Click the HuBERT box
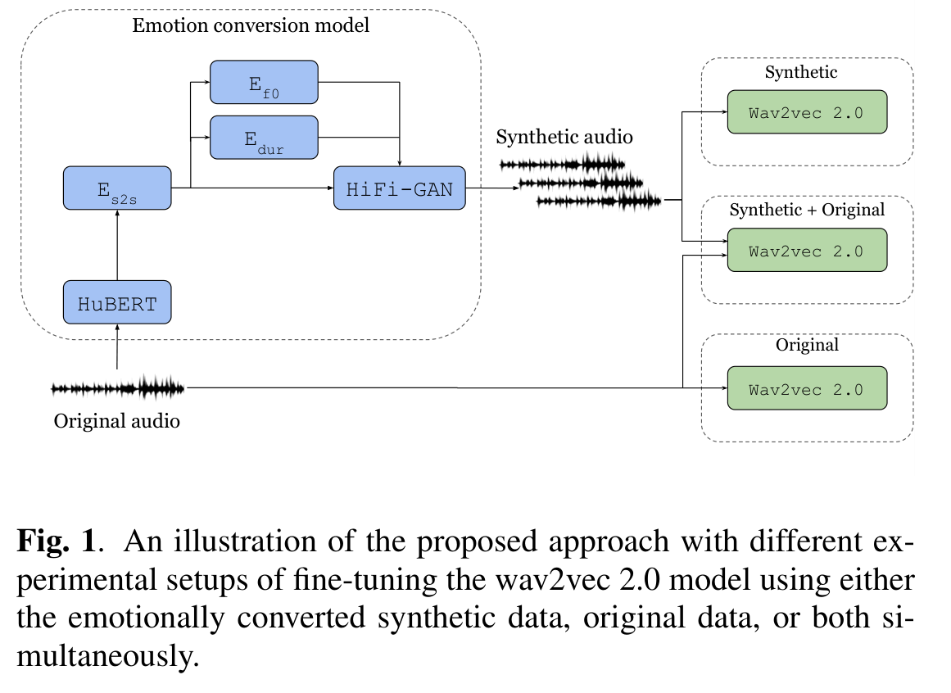pos(117,303)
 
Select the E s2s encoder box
pos(117,188)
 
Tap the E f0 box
pos(264,82)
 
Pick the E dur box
pos(264,137)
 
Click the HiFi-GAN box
pos(399,188)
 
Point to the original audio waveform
pos(118,387)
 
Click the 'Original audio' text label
pos(116,421)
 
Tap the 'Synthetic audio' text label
pos(564,137)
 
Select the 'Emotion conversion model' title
pos(251,25)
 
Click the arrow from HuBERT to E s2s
pos(117,245)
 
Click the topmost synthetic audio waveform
pos(562,164)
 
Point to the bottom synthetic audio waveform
pos(599,200)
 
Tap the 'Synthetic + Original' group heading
pos(806,210)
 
